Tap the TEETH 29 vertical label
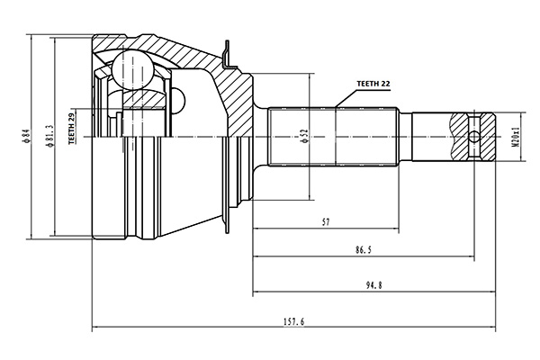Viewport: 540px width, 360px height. [x=72, y=130]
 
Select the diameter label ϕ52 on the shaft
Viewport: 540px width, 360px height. [x=304, y=135]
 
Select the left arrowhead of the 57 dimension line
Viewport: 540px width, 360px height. [x=256, y=228]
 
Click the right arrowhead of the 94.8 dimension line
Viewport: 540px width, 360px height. [x=493, y=292]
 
